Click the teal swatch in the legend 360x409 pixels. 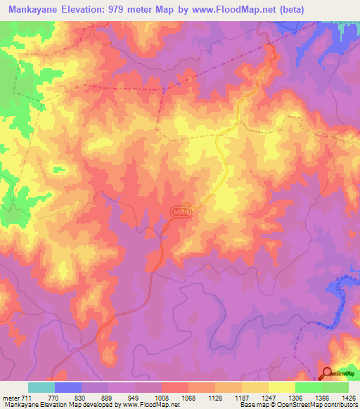point(41,387)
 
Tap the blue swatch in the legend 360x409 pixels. point(68,387)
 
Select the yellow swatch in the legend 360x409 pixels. point(282,387)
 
